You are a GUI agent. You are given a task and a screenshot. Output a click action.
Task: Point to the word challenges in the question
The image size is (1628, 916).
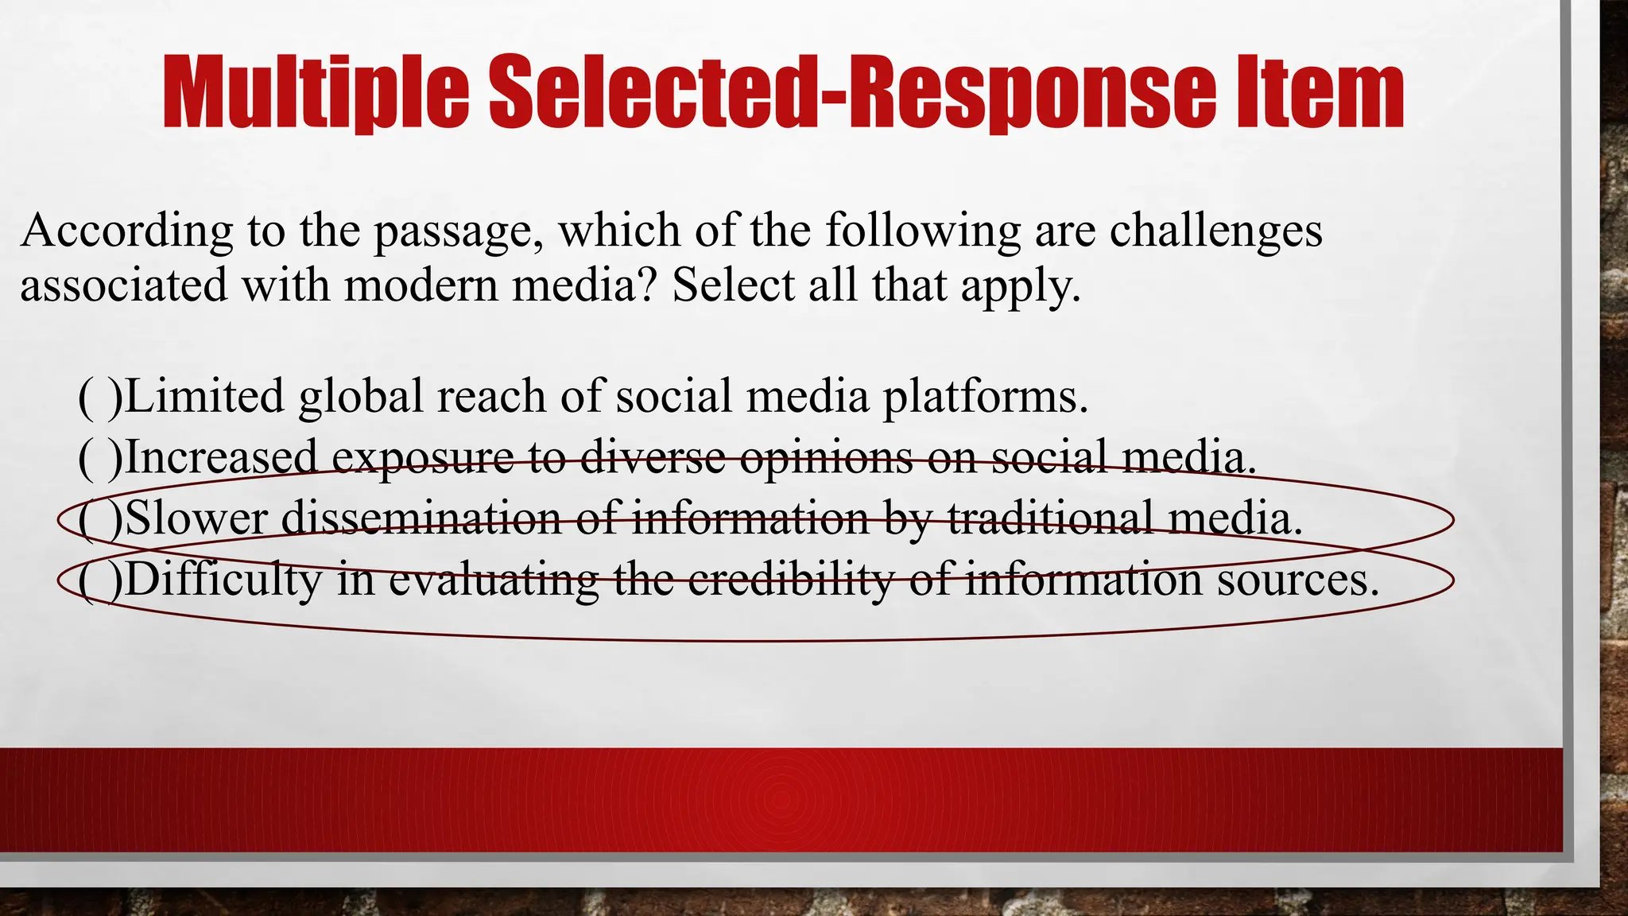(1215, 232)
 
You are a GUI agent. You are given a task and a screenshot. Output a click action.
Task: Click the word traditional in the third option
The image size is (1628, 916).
(1050, 518)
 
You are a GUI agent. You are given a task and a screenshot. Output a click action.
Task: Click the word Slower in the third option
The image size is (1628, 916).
(196, 518)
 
